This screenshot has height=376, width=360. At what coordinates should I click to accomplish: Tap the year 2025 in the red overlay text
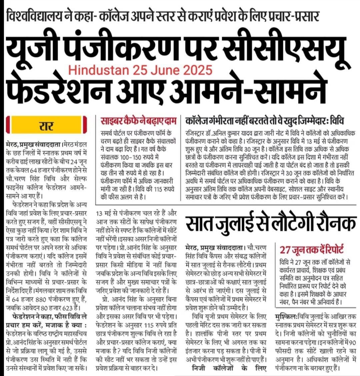click(x=195, y=70)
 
